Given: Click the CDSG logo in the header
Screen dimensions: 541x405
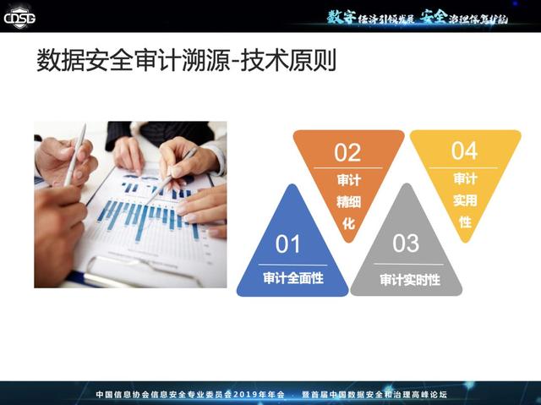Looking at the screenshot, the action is pyautogui.click(x=19, y=17).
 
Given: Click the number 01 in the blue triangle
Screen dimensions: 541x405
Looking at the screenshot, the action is pyautogui.click(x=287, y=244).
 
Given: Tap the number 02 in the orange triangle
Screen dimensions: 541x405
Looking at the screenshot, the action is pyautogui.click(x=347, y=152).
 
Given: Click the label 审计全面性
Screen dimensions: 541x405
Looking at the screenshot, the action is pyautogui.click(x=293, y=278).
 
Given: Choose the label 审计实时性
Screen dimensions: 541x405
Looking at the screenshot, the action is pyautogui.click(x=410, y=279).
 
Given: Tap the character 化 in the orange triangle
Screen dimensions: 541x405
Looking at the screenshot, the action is pyautogui.click(x=348, y=223).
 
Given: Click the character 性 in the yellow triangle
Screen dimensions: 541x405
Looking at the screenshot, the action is pyautogui.click(x=465, y=222).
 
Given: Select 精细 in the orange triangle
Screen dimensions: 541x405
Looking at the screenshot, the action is pyautogui.click(x=348, y=202).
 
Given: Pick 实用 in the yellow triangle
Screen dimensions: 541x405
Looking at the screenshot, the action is pyautogui.click(x=465, y=200).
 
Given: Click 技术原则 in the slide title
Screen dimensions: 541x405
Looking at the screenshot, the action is pyautogui.click(x=288, y=60).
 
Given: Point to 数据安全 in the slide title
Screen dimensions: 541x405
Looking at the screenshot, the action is pyautogui.click(x=85, y=60).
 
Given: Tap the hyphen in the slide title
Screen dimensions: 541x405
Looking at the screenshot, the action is pyautogui.click(x=235, y=62).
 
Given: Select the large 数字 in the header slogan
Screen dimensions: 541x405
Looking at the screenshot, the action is pyautogui.click(x=341, y=17).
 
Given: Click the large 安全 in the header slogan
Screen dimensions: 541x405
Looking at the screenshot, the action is pyautogui.click(x=434, y=16).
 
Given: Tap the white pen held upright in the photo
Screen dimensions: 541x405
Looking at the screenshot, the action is pyautogui.click(x=75, y=155).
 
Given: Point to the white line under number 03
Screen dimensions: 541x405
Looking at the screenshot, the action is pyautogui.click(x=409, y=265).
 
